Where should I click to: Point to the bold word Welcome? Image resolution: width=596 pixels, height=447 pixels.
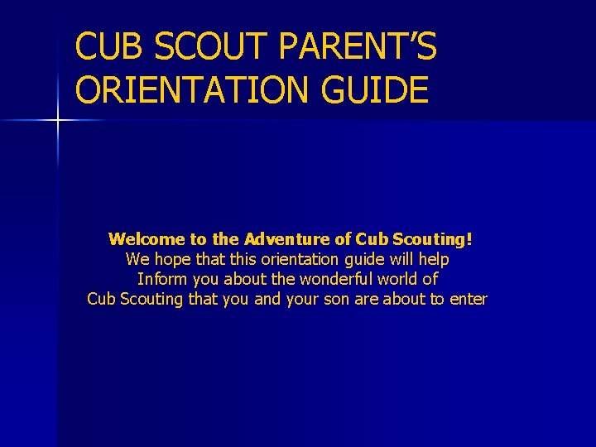point(147,239)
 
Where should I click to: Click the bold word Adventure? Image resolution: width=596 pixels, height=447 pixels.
point(288,239)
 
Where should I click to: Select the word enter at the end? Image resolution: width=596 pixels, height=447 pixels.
point(468,299)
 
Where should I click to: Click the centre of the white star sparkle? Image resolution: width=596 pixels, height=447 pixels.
point(58,121)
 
